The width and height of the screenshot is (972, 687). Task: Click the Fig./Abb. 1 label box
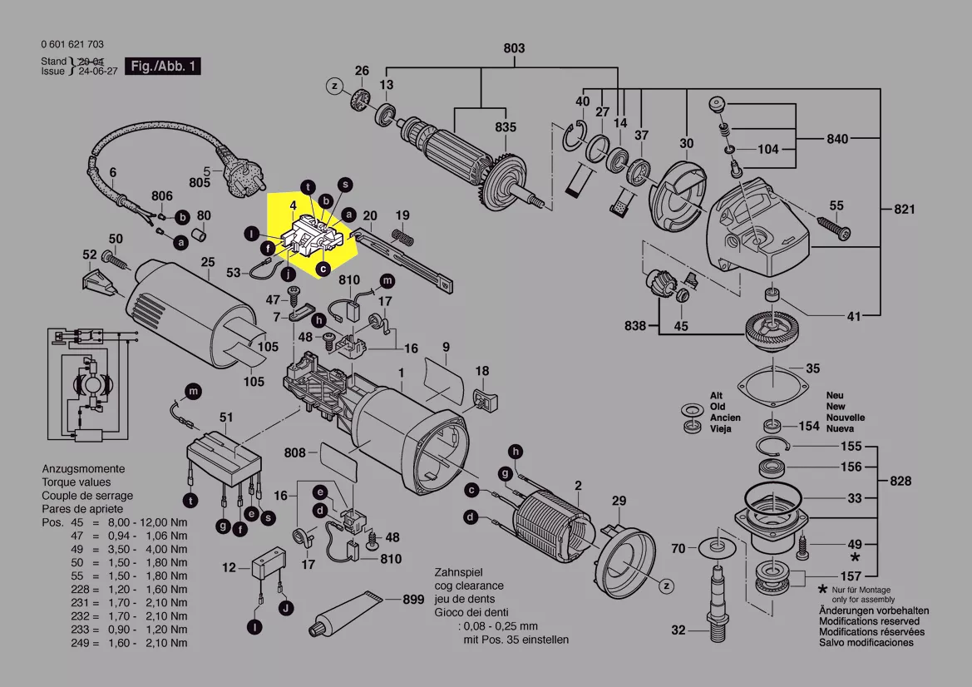pyautogui.click(x=162, y=66)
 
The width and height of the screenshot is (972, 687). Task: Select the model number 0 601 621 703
pyautogui.click(x=72, y=45)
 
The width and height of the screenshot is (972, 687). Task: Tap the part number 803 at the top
pyautogui.click(x=514, y=48)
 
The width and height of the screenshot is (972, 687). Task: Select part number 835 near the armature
pyautogui.click(x=506, y=127)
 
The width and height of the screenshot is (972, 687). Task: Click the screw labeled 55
pyautogui.click(x=827, y=225)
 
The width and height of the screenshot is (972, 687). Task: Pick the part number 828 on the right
pyautogui.click(x=900, y=481)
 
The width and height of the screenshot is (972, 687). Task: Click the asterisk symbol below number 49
pyautogui.click(x=855, y=558)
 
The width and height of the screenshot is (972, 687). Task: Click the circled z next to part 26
pyautogui.click(x=334, y=86)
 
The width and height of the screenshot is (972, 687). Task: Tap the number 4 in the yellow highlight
pyautogui.click(x=293, y=204)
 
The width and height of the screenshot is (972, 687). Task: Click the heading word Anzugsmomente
pyautogui.click(x=83, y=469)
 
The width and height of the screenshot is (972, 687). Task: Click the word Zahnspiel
pyautogui.click(x=458, y=573)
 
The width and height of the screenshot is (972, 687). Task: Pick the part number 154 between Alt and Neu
pyautogui.click(x=808, y=426)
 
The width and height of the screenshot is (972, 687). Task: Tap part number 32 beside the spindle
pyautogui.click(x=678, y=630)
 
